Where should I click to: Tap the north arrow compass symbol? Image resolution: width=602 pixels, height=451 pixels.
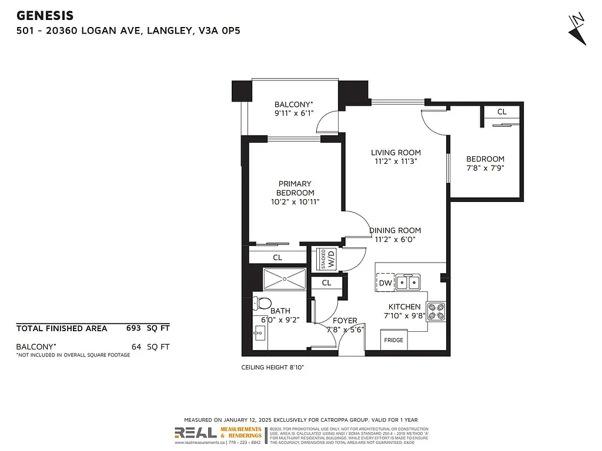[578, 29]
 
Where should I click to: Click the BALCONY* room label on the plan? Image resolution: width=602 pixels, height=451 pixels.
[294, 105]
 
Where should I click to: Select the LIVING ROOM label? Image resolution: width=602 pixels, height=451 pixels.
[396, 153]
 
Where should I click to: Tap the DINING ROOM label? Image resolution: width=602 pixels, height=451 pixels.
[396, 231]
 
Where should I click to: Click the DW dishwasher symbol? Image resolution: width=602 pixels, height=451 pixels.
[386, 283]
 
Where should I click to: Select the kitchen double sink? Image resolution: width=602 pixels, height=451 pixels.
[408, 282]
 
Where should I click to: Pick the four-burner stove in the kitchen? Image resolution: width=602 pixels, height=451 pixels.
[437, 311]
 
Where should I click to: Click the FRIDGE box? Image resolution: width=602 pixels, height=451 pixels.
[393, 341]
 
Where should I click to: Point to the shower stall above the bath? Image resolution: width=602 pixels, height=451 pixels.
[285, 279]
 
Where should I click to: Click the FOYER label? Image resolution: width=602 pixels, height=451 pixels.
[345, 321]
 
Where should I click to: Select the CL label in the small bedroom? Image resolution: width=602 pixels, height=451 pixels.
[501, 112]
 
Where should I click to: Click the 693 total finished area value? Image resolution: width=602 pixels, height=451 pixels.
[133, 328]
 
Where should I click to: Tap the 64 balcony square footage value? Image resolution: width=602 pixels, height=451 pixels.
[136, 346]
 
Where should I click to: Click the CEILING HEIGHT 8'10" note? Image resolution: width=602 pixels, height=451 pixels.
[273, 367]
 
